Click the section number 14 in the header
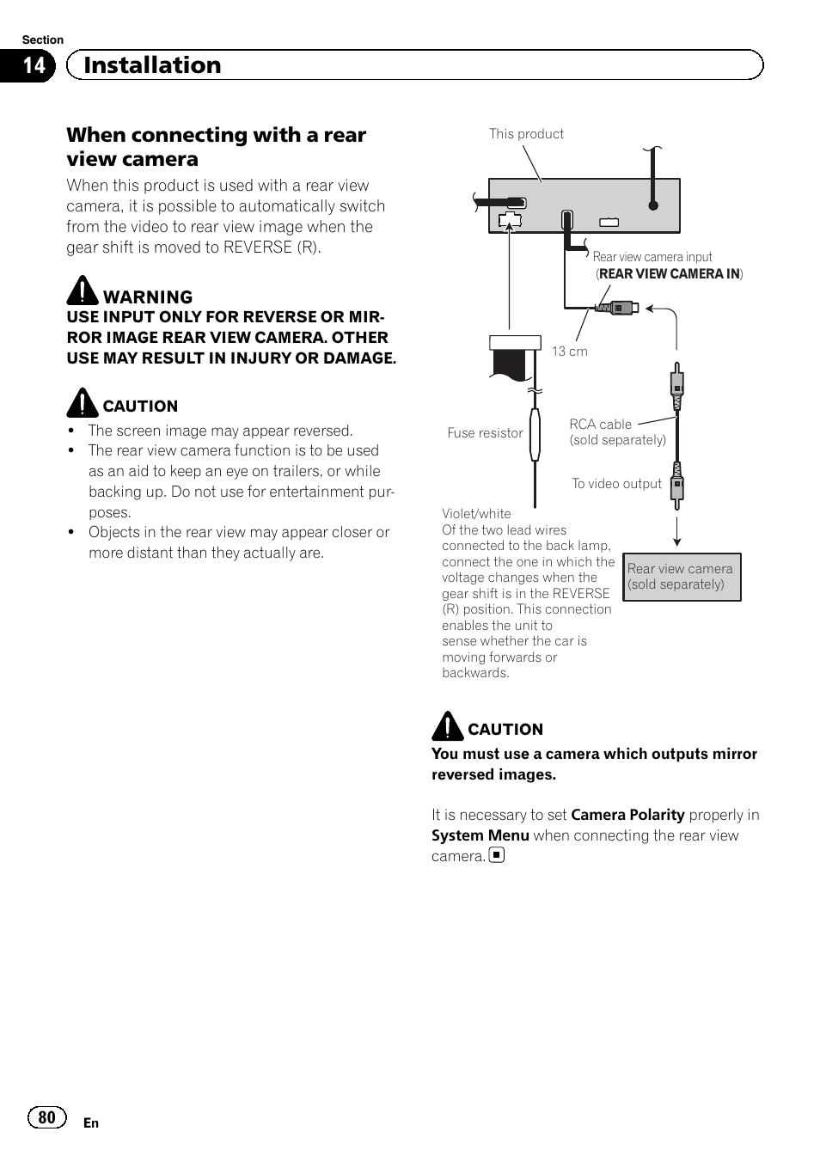pos(33,65)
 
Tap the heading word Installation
pos(152,65)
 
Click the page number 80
pos(46,1117)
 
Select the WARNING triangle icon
pos(83,290)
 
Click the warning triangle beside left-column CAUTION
pos(83,402)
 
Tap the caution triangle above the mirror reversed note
pos(447,725)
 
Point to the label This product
pos(526,134)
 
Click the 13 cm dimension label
pos(569,352)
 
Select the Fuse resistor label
pos(485,433)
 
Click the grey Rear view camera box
pos(681,577)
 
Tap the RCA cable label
pos(600,425)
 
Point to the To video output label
pos(616,484)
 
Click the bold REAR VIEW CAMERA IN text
pos(669,274)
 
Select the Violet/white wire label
pos(476,514)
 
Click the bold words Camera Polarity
pos(627,815)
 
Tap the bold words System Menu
pos(480,835)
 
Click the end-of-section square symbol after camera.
pos(497,855)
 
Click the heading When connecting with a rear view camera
pos(216,147)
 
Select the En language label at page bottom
pos(91,1123)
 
